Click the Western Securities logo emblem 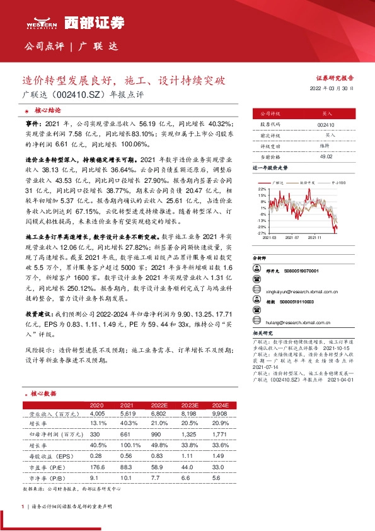click(x=42, y=21)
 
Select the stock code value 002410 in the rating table click(x=326, y=125)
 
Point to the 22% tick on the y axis click(x=262, y=189)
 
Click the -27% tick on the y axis click(x=261, y=233)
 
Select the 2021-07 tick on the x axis click(x=291, y=238)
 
